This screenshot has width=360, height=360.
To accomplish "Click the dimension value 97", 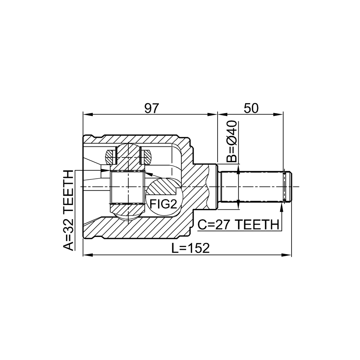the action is tap(151, 108).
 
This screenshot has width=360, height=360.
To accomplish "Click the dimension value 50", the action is tap(251, 108).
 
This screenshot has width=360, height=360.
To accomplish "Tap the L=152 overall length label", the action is tap(190, 248).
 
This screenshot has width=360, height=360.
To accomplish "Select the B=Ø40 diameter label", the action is tap(232, 142).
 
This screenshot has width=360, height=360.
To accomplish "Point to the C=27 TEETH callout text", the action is tap(238, 224).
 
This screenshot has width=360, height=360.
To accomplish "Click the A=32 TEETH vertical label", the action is tap(68, 210).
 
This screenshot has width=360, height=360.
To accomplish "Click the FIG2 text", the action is tap(163, 204).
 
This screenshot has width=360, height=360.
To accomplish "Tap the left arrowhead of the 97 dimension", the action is tap(87, 114).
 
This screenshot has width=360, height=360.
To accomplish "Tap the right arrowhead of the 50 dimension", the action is tap(279, 114).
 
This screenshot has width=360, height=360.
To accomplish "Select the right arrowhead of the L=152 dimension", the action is tap(286, 255).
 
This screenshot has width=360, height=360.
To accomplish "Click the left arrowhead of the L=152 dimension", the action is tap(87, 255).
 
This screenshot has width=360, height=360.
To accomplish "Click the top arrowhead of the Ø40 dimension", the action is tap(238, 169).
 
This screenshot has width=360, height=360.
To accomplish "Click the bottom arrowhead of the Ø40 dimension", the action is tap(238, 204).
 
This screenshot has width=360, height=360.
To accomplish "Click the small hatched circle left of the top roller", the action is tap(110, 157).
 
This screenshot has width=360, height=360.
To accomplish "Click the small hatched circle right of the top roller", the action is tap(146, 157).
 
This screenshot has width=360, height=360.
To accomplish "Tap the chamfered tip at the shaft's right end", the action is tap(288, 186).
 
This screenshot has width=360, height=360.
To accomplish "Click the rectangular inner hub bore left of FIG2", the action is tap(127, 187).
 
